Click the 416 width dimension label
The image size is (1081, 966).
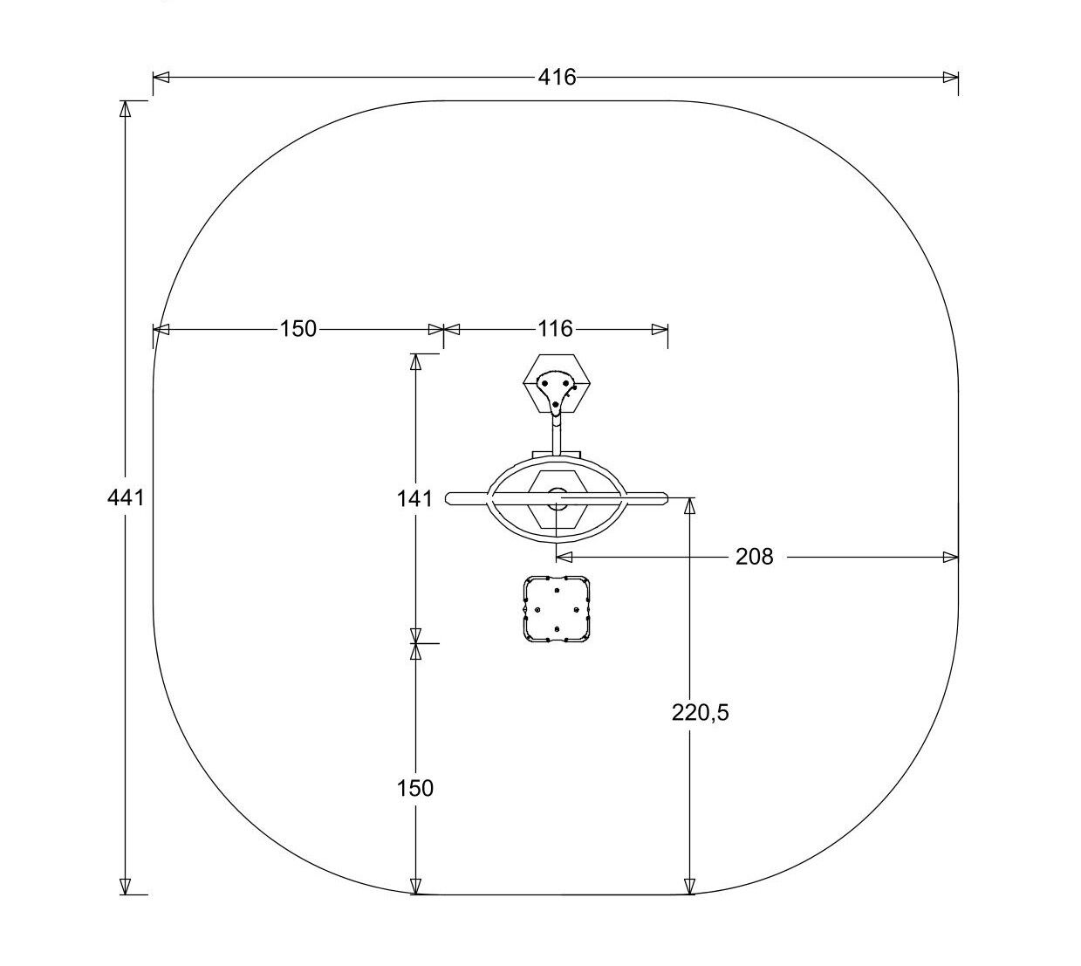(x=557, y=78)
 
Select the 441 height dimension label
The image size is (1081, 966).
(x=126, y=498)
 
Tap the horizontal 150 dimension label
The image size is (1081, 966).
(x=298, y=329)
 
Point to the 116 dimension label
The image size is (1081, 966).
(x=555, y=329)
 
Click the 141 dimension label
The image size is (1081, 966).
(x=414, y=499)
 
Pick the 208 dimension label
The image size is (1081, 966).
(x=754, y=558)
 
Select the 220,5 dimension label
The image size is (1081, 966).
(x=700, y=712)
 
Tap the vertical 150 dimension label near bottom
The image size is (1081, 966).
(x=414, y=788)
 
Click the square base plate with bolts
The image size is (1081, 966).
(x=557, y=609)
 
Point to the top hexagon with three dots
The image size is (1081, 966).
(x=557, y=384)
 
